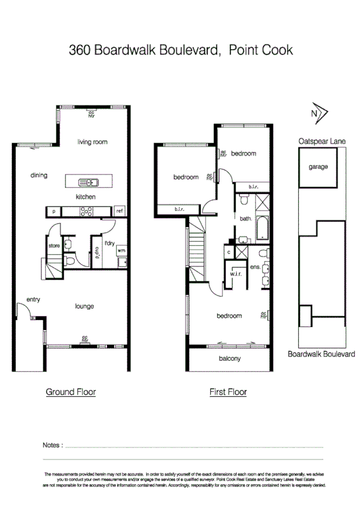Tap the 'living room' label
tap(92, 142)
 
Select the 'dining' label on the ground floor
tap(38, 176)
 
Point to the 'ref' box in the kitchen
tap(119, 212)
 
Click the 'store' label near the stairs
tap(53, 245)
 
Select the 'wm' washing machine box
tap(121, 250)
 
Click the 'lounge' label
tap(84, 306)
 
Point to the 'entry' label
tap(32, 300)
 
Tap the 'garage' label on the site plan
tap(318, 167)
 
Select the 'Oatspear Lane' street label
tap(318, 141)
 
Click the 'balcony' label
tap(228, 359)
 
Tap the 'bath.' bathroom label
tap(246, 219)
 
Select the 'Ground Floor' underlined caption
tap(71, 392)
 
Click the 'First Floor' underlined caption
tap(228, 392)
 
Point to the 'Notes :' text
tap(52, 445)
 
